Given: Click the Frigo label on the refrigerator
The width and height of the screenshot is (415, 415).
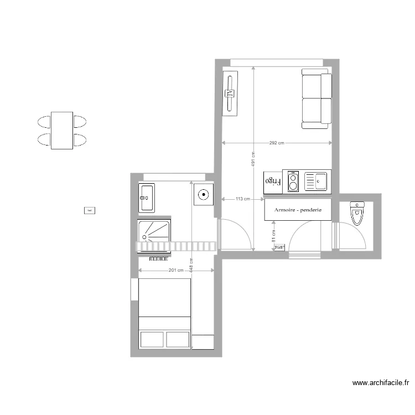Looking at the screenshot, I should click(x=273, y=181).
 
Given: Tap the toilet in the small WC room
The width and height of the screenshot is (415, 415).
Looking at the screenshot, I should click(x=357, y=212).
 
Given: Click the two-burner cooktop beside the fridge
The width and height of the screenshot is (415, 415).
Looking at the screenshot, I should click(x=293, y=181).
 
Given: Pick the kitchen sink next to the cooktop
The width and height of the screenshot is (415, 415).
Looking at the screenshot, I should click(x=315, y=181).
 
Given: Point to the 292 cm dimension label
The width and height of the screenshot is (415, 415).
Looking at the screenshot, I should click(x=277, y=143).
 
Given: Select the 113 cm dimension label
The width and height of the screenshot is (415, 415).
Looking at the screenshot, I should click(x=242, y=199).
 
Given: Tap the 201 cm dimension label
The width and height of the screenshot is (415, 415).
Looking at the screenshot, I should click(x=175, y=271).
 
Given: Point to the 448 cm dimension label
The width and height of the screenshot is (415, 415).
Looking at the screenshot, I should click(x=191, y=266).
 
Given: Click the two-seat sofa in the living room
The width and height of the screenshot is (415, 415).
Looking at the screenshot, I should click(x=317, y=98).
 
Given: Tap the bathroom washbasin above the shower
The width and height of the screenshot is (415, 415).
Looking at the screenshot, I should click(x=147, y=198).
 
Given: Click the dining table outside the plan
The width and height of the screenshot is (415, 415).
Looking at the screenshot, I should click(x=62, y=131).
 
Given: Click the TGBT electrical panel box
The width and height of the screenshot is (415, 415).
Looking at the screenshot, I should click(x=279, y=247).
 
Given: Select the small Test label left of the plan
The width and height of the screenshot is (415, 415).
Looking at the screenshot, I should click(x=89, y=210).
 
